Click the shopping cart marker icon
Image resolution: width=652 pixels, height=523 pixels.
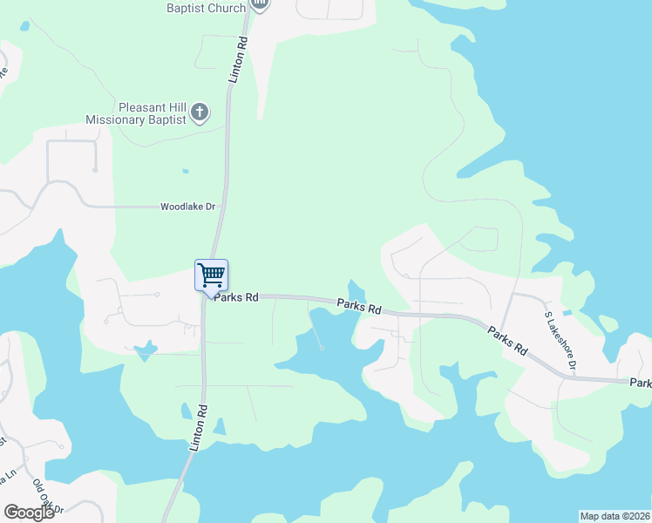coord(211,275)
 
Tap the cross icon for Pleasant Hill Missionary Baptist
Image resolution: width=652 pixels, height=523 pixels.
coord(200,111)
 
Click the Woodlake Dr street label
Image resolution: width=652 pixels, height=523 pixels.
coord(187,207)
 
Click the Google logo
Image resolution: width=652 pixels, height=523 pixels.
coord(28,513)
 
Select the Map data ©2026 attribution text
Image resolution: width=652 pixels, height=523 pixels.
coord(615,516)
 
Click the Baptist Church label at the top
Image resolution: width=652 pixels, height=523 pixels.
coord(205,7)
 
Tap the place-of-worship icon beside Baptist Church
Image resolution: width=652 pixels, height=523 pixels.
coord(259,4)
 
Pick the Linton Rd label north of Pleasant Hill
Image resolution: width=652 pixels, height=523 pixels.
coord(238,59)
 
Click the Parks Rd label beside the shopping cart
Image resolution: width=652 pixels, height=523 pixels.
coord(236,297)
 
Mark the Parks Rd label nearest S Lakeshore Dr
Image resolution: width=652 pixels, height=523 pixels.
coord(508,340)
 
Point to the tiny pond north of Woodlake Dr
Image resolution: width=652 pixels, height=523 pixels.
coord(184,170)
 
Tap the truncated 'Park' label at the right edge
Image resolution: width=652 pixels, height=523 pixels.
coord(641,383)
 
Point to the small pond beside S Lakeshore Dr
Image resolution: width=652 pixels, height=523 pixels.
coord(567,312)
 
